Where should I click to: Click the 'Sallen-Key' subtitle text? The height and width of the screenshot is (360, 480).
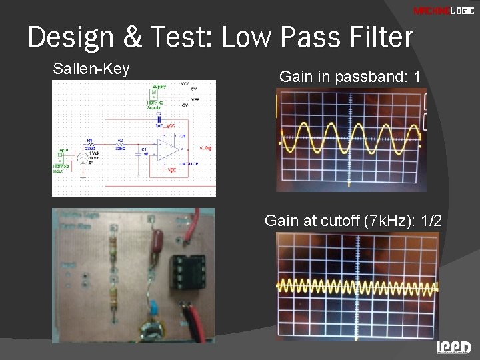coord(91,69)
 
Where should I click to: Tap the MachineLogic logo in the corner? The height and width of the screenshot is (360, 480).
coord(443,11)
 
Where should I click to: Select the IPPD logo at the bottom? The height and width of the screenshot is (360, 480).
coord(453,347)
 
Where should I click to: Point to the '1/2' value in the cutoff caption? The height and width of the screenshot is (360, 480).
coord(427,221)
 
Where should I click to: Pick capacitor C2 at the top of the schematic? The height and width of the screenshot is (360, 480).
coord(159,119)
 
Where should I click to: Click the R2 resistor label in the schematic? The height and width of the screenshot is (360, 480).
coord(120,141)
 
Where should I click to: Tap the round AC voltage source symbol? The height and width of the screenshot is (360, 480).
coord(83,158)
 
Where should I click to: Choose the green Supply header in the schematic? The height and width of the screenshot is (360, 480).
coord(158,91)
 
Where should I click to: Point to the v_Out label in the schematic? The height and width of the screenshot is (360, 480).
coord(205,147)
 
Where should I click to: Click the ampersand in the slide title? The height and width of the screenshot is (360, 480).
coord(133,38)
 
